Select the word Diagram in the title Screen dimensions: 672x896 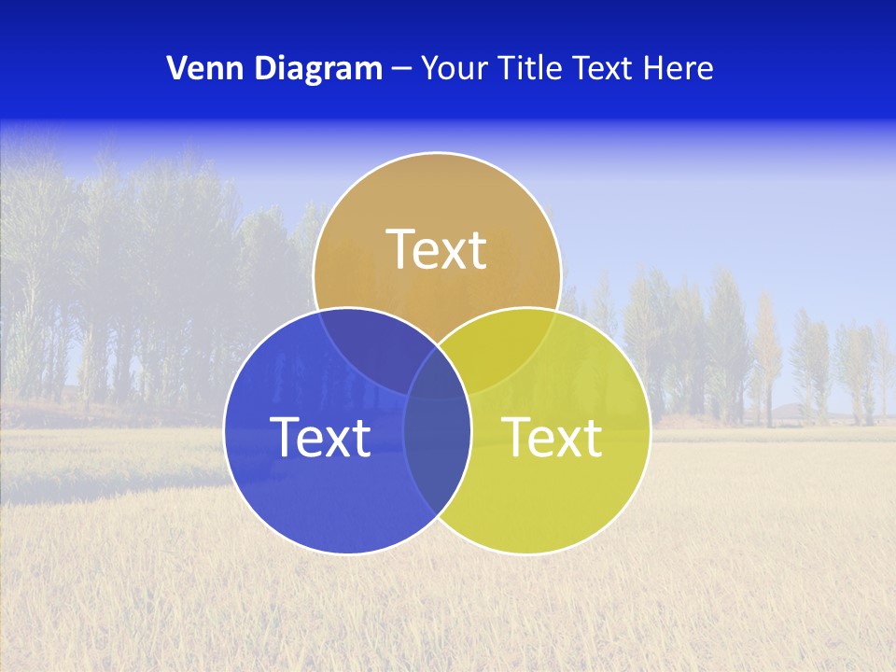[x=317, y=68]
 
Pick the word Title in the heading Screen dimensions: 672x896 [x=530, y=68]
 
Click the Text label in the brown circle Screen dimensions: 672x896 [x=437, y=250]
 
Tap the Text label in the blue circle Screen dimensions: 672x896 [x=320, y=437]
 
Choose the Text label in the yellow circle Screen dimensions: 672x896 [x=553, y=437]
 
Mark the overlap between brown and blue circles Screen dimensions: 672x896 [x=364, y=345]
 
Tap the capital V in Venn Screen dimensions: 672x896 [x=176, y=68]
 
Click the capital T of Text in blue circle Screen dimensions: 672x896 [x=286, y=437]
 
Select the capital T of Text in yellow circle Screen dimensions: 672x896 [x=518, y=437]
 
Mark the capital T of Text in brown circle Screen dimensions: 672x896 [x=402, y=250]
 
